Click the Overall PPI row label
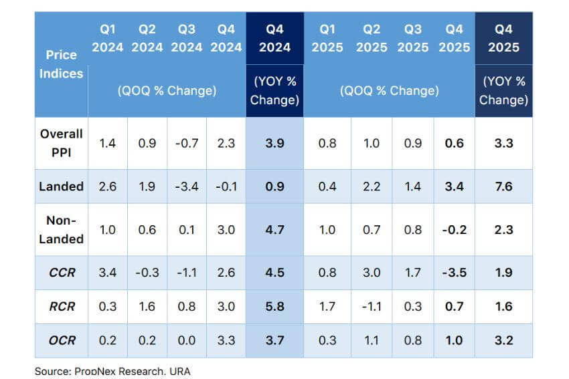(x=61, y=143)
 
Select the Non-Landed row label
(x=61, y=229)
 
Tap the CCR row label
(x=61, y=272)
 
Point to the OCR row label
(x=61, y=340)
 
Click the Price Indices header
(x=61, y=64)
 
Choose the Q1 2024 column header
(x=107, y=38)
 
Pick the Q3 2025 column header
(x=414, y=38)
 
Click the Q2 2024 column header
(x=147, y=38)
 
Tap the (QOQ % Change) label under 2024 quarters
(x=167, y=90)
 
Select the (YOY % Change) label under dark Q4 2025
(x=503, y=90)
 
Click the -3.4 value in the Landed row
(x=187, y=186)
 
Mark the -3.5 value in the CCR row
(x=454, y=272)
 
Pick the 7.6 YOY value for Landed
(x=503, y=186)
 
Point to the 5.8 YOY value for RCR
(x=274, y=307)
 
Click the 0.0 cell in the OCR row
(x=187, y=340)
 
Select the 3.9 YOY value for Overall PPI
(x=274, y=143)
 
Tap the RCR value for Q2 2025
(x=372, y=307)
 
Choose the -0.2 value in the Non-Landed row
(x=454, y=229)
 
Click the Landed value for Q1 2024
(x=107, y=186)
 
